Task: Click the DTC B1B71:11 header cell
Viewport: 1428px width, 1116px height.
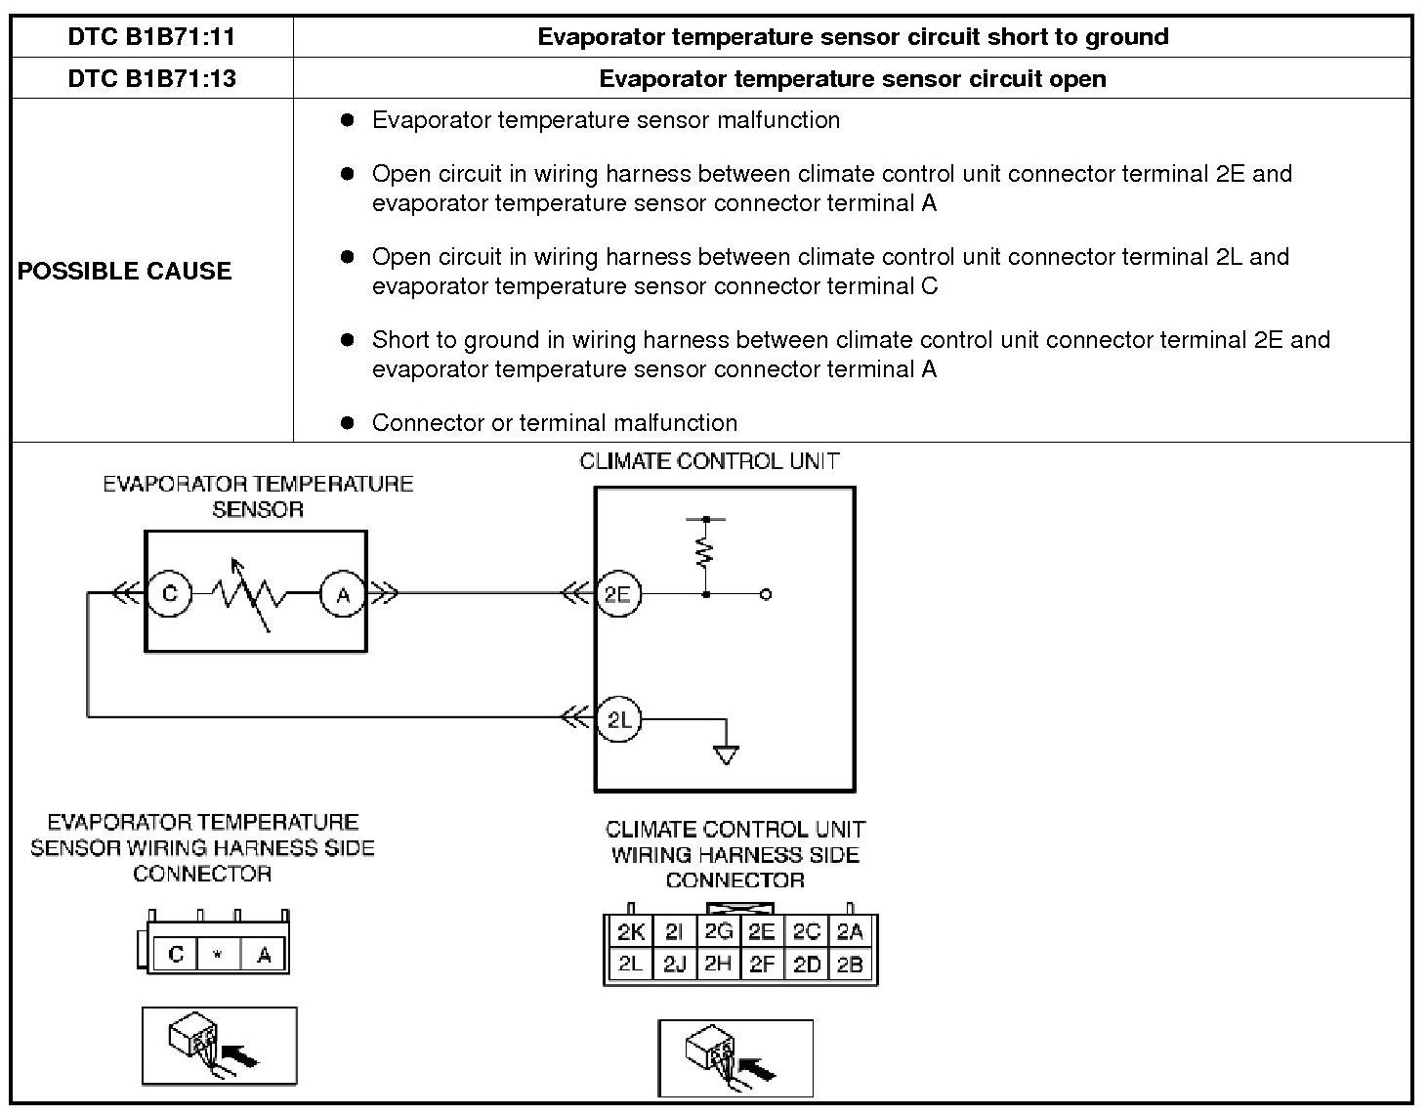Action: [151, 37]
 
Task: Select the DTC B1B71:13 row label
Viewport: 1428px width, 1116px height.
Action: [151, 78]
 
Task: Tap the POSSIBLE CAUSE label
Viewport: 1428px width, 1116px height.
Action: [125, 271]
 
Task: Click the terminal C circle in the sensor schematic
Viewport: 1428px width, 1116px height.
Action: [170, 594]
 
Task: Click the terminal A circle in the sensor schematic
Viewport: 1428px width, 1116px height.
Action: [342, 594]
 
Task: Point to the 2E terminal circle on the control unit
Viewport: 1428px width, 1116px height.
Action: [617, 594]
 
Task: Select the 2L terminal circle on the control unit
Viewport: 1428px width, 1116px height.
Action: [619, 720]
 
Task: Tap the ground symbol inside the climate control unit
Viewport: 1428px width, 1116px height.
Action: [726, 753]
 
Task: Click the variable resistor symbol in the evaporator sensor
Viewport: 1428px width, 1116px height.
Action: [251, 594]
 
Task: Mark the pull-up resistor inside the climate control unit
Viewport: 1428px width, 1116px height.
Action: [705, 553]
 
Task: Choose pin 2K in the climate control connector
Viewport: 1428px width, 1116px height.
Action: [630, 932]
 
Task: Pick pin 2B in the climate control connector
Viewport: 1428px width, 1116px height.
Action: [851, 965]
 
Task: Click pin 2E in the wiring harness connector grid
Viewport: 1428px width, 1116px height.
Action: [762, 932]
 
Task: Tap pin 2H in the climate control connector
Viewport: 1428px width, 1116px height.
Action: [718, 965]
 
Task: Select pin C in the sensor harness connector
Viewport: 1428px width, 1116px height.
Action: [176, 954]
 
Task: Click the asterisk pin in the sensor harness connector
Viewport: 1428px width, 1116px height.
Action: [219, 954]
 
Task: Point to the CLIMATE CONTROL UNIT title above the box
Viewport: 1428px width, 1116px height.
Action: [709, 461]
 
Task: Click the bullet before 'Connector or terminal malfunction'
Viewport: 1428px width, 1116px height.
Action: [346, 423]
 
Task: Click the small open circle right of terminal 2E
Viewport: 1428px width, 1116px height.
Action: [766, 594]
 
